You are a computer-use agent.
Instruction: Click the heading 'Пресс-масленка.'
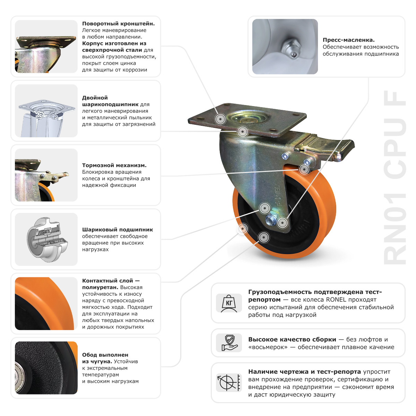(x=348, y=40)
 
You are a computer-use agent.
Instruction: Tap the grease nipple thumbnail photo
(x=285, y=46)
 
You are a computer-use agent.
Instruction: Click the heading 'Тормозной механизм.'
(x=114, y=165)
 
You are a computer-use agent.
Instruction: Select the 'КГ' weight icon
(x=229, y=303)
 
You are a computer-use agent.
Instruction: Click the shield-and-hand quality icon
(x=229, y=343)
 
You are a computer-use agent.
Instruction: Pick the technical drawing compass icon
(x=229, y=383)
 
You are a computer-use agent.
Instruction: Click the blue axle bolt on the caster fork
(x=270, y=219)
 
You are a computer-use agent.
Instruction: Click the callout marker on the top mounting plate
(x=220, y=119)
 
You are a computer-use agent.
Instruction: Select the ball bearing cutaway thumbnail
(x=46, y=239)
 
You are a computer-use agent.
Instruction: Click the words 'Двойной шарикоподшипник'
(x=110, y=101)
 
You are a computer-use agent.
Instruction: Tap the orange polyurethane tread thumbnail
(x=46, y=303)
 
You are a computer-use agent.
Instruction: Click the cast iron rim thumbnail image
(x=46, y=368)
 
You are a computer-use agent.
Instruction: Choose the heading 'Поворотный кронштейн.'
(x=118, y=24)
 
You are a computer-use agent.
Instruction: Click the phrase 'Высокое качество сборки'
(x=292, y=339)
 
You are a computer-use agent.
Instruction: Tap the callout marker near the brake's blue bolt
(x=304, y=169)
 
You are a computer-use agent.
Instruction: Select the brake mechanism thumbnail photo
(x=46, y=175)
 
